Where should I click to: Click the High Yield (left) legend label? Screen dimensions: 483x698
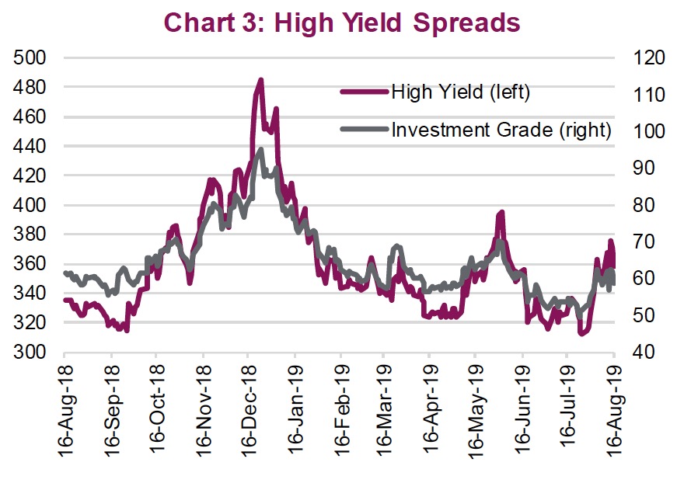point(460,92)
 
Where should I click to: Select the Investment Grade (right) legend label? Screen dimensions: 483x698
point(501,129)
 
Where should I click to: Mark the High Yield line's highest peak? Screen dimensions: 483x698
point(260,79)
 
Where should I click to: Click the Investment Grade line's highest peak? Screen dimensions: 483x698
point(260,149)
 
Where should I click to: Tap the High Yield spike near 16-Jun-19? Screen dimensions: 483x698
point(502,212)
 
